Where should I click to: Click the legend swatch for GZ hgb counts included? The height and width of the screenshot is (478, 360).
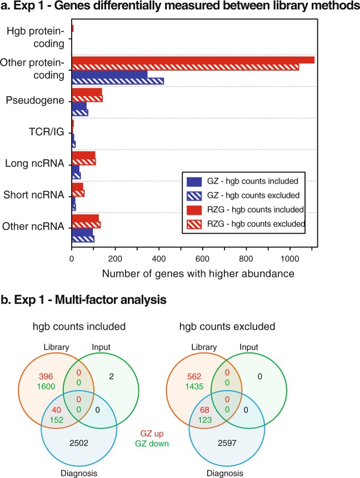point(194,181)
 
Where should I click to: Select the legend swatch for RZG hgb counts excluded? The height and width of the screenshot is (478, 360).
point(194,223)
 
